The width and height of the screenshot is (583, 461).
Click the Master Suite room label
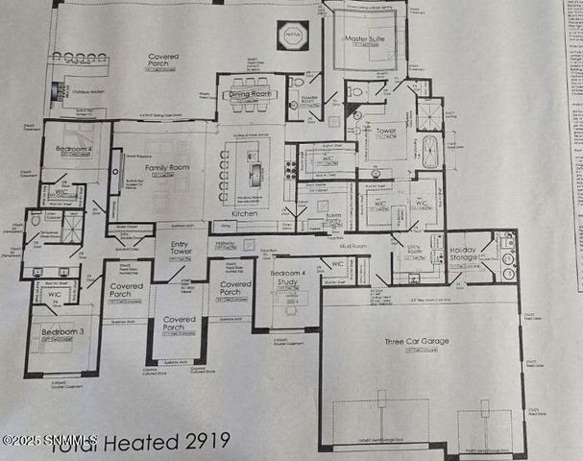pos(363,39)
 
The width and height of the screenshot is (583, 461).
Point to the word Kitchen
pos(245,212)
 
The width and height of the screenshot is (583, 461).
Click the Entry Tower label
pos(181,252)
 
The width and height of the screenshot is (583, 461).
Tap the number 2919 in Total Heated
pos(209,441)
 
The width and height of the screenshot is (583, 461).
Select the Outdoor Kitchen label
pos(86,93)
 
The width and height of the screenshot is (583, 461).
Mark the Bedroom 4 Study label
pos(287,280)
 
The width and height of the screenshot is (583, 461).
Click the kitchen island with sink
pos(256,174)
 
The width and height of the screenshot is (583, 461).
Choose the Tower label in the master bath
pos(386,130)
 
